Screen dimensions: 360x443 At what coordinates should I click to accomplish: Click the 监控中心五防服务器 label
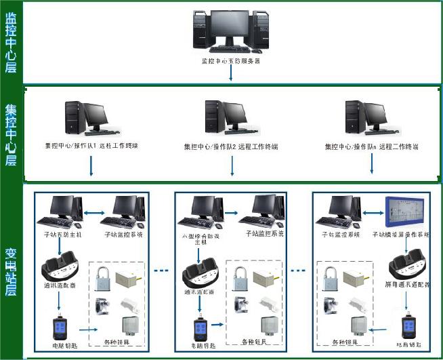tap(230, 61)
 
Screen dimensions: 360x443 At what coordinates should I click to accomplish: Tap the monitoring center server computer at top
tap(230, 31)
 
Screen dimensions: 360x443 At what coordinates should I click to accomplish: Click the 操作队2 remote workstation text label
tap(230, 146)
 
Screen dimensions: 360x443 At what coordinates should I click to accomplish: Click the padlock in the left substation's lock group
tap(103, 279)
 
